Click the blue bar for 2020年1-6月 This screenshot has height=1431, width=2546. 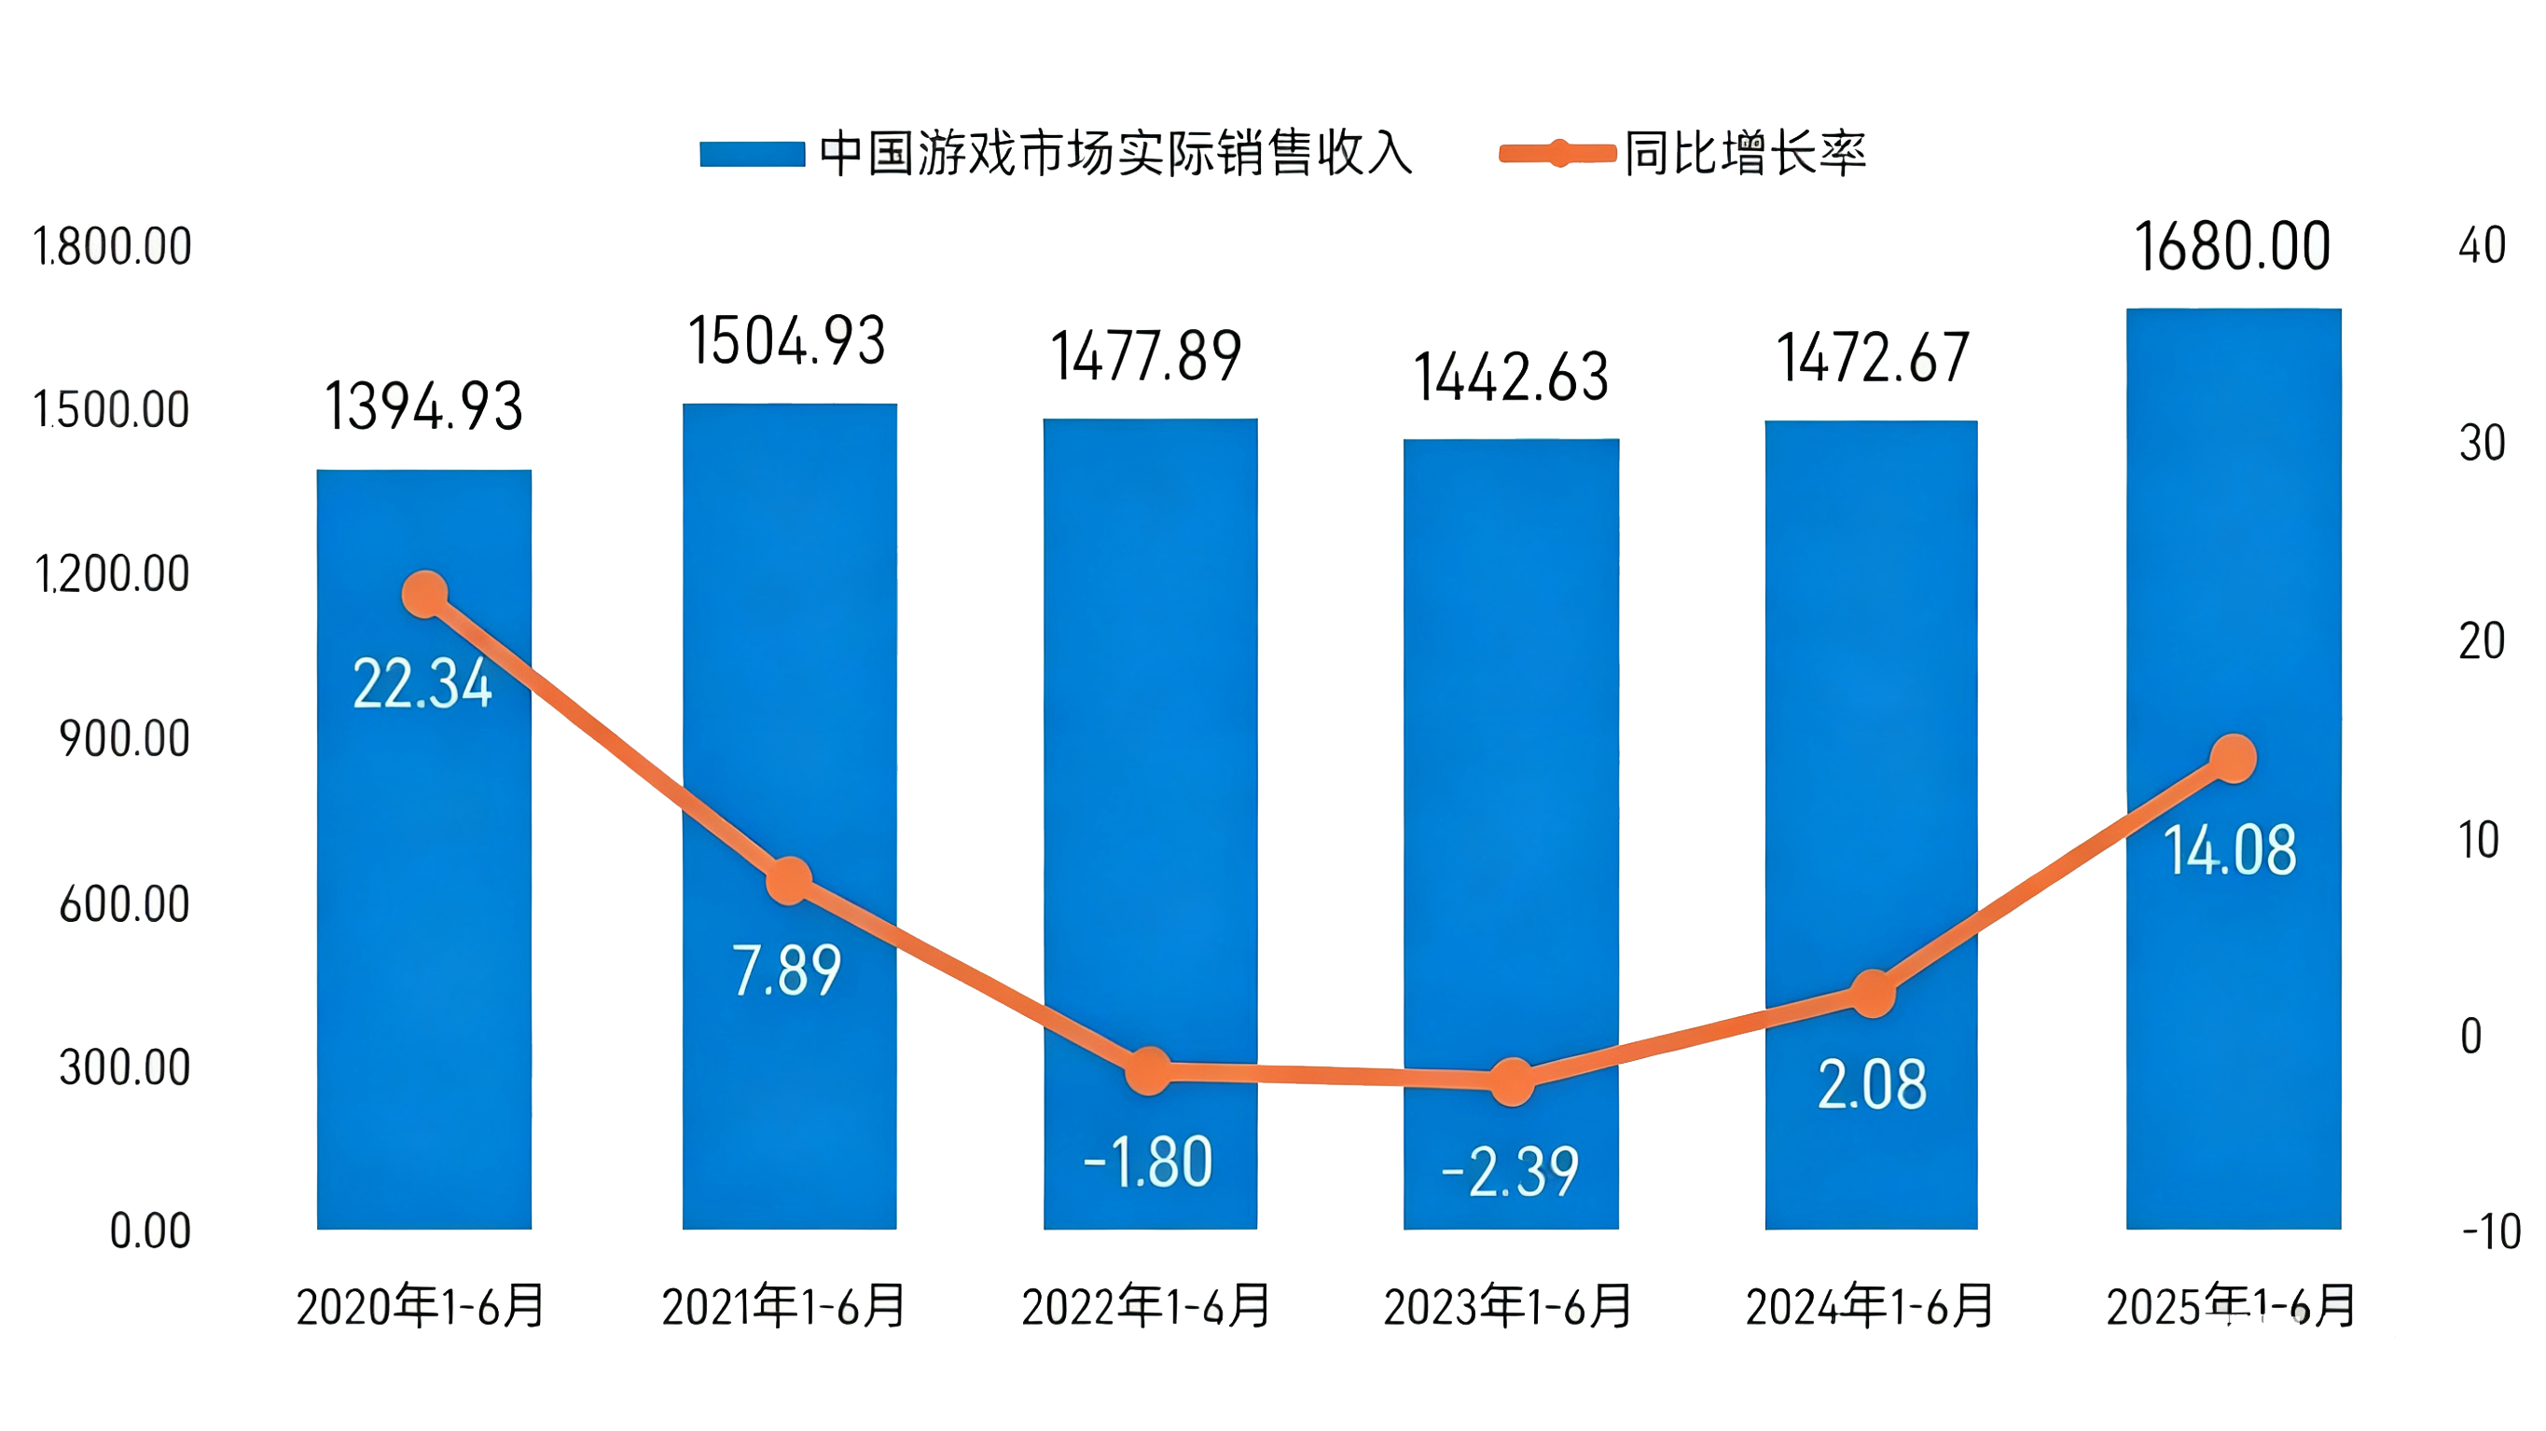(424, 889)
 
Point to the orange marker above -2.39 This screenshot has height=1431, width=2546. (1511, 1081)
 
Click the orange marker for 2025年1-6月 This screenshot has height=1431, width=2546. (2233, 759)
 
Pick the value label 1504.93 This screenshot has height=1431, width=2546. (787, 341)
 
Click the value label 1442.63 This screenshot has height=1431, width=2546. (1511, 378)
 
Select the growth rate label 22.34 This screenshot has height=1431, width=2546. (422, 684)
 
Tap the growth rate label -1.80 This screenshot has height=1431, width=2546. (1147, 1163)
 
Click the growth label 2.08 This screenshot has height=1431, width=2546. (1872, 1084)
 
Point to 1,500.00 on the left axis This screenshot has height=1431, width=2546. (112, 410)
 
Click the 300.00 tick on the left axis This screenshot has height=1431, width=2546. (125, 1068)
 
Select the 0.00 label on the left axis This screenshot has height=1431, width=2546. (150, 1231)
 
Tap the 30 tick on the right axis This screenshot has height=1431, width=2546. (2482, 444)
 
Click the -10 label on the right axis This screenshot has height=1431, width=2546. (2491, 1232)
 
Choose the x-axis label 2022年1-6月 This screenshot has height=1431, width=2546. (1146, 1306)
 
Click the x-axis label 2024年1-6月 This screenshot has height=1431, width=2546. (1870, 1306)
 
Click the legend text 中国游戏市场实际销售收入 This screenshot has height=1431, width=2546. (1115, 154)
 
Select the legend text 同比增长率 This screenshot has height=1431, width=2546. (1746, 154)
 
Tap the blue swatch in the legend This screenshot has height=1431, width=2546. (752, 155)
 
